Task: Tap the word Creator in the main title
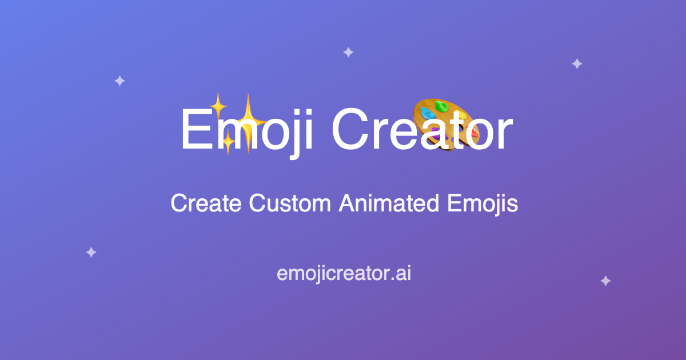pos(422,130)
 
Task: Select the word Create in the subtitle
pos(206,203)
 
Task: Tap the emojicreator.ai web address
pos(344,274)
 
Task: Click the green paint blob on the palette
pos(441,106)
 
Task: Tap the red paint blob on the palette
pos(474,133)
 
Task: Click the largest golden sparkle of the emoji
pos(248,121)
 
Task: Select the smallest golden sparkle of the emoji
pos(228,142)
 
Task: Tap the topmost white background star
pos(348,53)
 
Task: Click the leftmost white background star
pos(91,252)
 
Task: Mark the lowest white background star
pos(605,281)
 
